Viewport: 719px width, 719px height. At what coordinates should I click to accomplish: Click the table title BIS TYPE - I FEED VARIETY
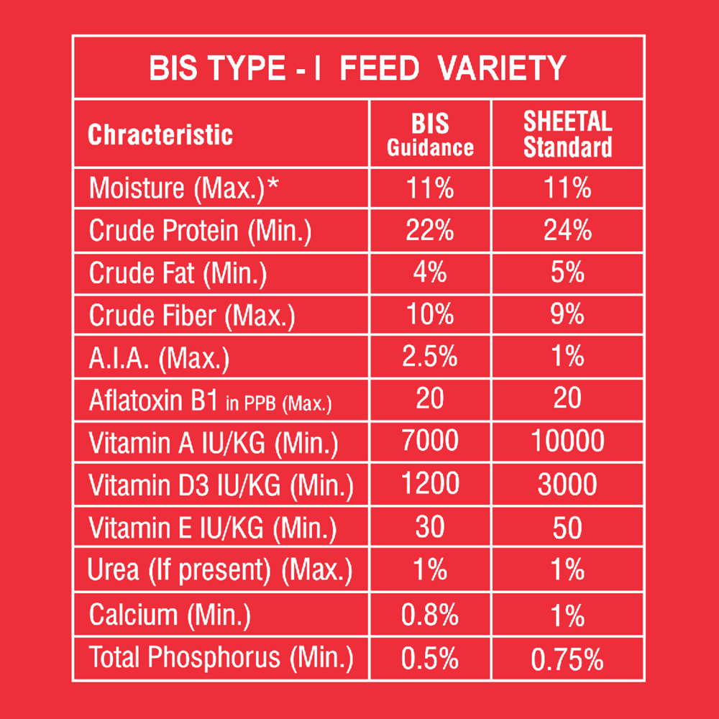pyautogui.click(x=357, y=69)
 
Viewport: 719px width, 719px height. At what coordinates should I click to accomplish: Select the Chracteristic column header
pyautogui.click(x=160, y=135)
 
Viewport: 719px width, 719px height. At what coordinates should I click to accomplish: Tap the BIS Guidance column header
pyautogui.click(x=430, y=135)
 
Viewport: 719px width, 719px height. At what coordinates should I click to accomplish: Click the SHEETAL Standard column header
pyautogui.click(x=567, y=135)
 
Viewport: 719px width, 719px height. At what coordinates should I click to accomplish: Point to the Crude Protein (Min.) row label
pyautogui.click(x=200, y=232)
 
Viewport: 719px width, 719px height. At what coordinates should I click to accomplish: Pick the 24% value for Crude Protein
pyautogui.click(x=567, y=231)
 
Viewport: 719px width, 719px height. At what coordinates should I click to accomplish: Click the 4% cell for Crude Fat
pyautogui.click(x=430, y=273)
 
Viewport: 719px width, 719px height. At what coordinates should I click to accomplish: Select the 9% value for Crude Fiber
pyautogui.click(x=567, y=314)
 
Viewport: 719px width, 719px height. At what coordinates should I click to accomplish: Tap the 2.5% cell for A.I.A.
pyautogui.click(x=430, y=357)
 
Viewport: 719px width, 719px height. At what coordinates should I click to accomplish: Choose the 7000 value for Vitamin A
pyautogui.click(x=430, y=441)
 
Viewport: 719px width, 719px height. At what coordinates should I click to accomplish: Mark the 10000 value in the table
pyautogui.click(x=567, y=441)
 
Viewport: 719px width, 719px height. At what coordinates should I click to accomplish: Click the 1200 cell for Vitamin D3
pyautogui.click(x=430, y=484)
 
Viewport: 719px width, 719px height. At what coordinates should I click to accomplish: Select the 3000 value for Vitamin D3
pyautogui.click(x=567, y=484)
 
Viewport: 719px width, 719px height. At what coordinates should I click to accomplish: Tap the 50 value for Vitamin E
pyautogui.click(x=567, y=528)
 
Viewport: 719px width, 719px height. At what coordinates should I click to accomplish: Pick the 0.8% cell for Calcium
pyautogui.click(x=430, y=615)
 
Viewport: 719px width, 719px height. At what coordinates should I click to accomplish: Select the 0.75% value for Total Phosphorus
pyautogui.click(x=567, y=659)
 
